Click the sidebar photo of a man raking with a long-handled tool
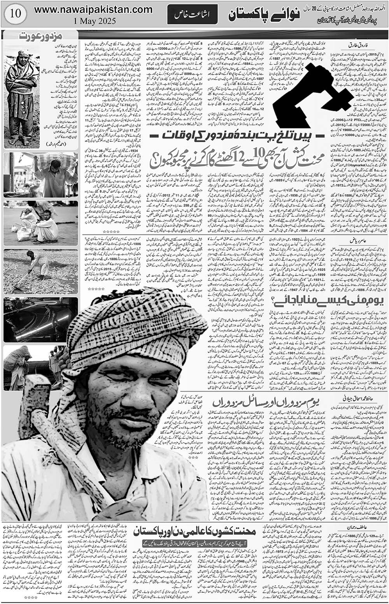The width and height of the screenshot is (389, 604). point(40,271)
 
